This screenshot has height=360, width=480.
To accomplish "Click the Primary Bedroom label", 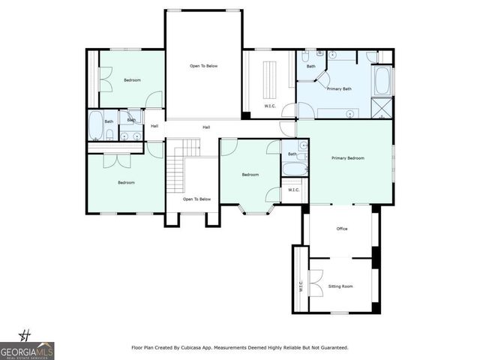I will pos(349,158).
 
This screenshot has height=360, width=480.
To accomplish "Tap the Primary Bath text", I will pos(339,89).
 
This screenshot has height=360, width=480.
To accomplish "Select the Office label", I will pos(342,229).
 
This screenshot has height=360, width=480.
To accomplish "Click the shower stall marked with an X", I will pos(382,109).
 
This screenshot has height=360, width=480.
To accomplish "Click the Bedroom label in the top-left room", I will pos(132,80).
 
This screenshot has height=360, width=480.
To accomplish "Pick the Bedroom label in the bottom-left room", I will pos(126,182).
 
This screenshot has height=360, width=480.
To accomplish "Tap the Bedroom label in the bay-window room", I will pos(250,175).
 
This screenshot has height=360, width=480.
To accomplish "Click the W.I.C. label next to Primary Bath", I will pos(270,106).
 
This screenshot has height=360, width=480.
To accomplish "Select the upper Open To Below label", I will pos(202,66).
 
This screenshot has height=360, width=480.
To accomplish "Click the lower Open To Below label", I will pos(198,199).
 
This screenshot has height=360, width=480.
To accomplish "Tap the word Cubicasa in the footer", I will pos(202,347).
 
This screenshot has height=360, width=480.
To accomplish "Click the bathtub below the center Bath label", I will pos(293,169).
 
